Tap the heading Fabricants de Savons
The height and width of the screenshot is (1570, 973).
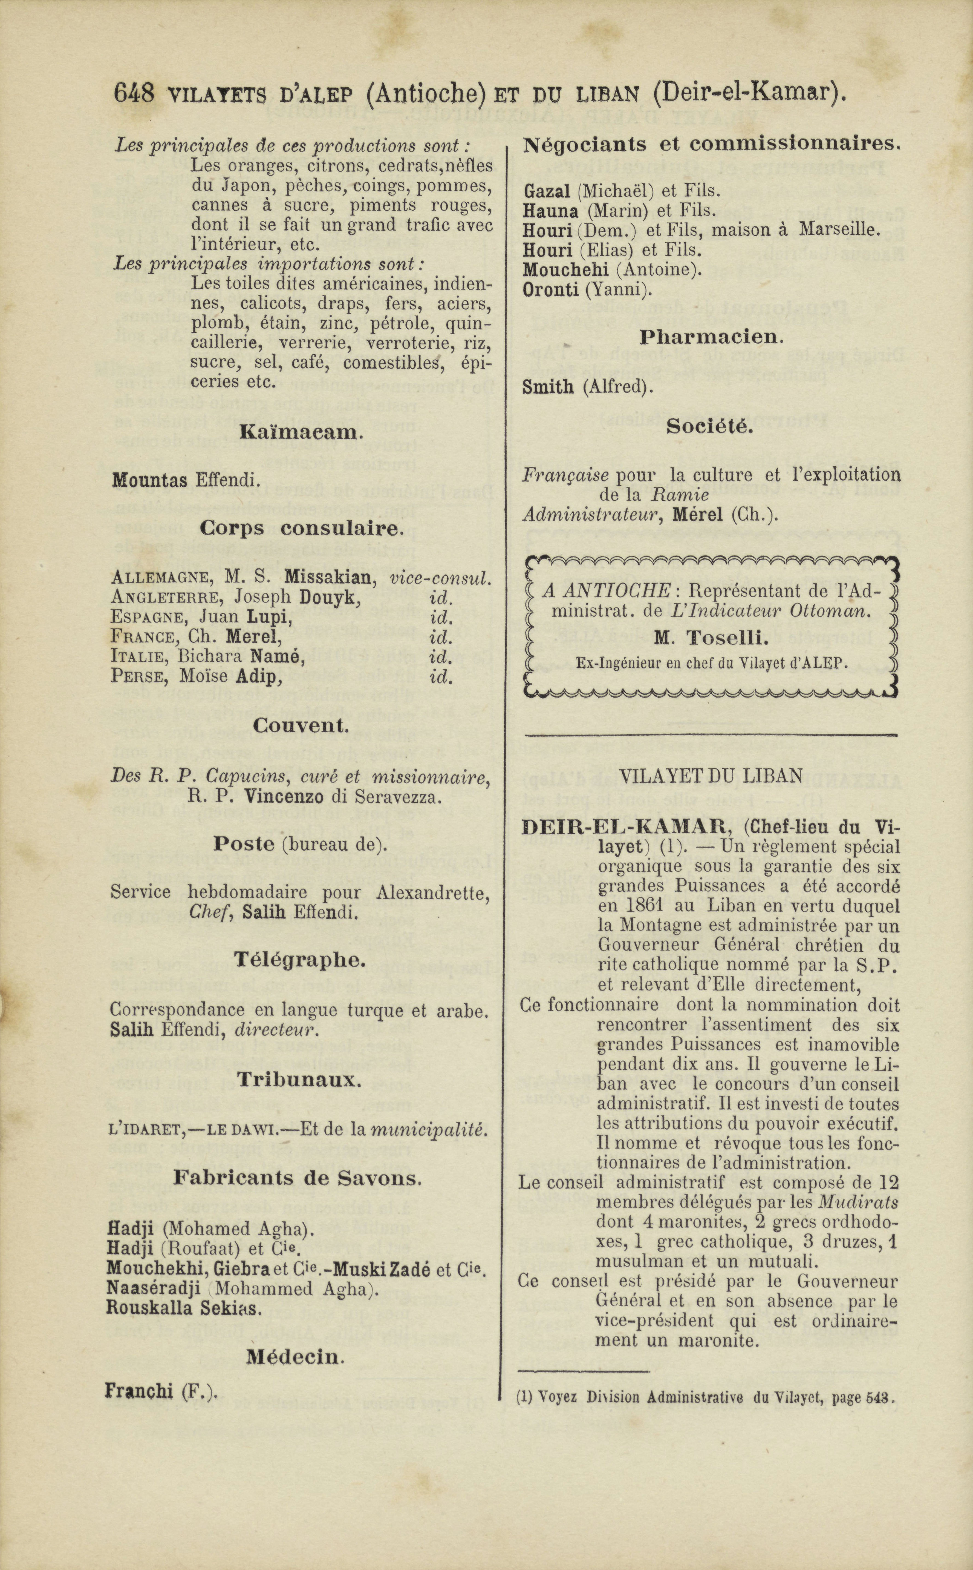point(297,1179)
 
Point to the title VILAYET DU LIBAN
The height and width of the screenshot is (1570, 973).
point(711,776)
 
